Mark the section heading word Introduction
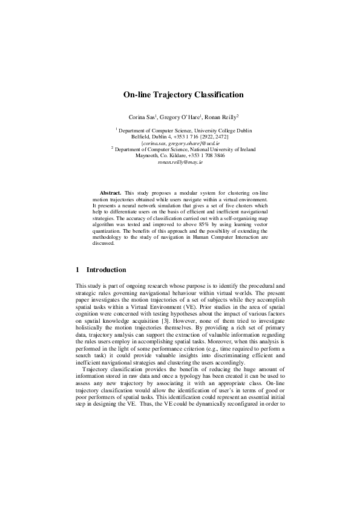(106, 270)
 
